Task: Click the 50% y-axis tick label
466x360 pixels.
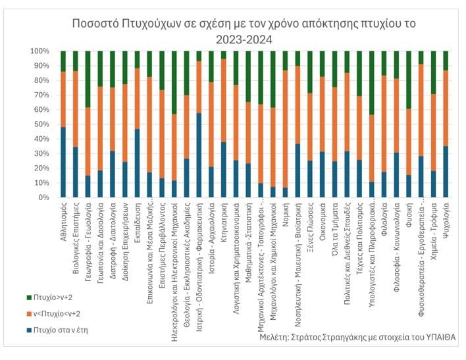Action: (41, 124)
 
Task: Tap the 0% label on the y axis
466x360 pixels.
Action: (43, 197)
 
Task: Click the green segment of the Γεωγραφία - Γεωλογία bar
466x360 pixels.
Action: (88, 79)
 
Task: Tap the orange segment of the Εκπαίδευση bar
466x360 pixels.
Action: (137, 98)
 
